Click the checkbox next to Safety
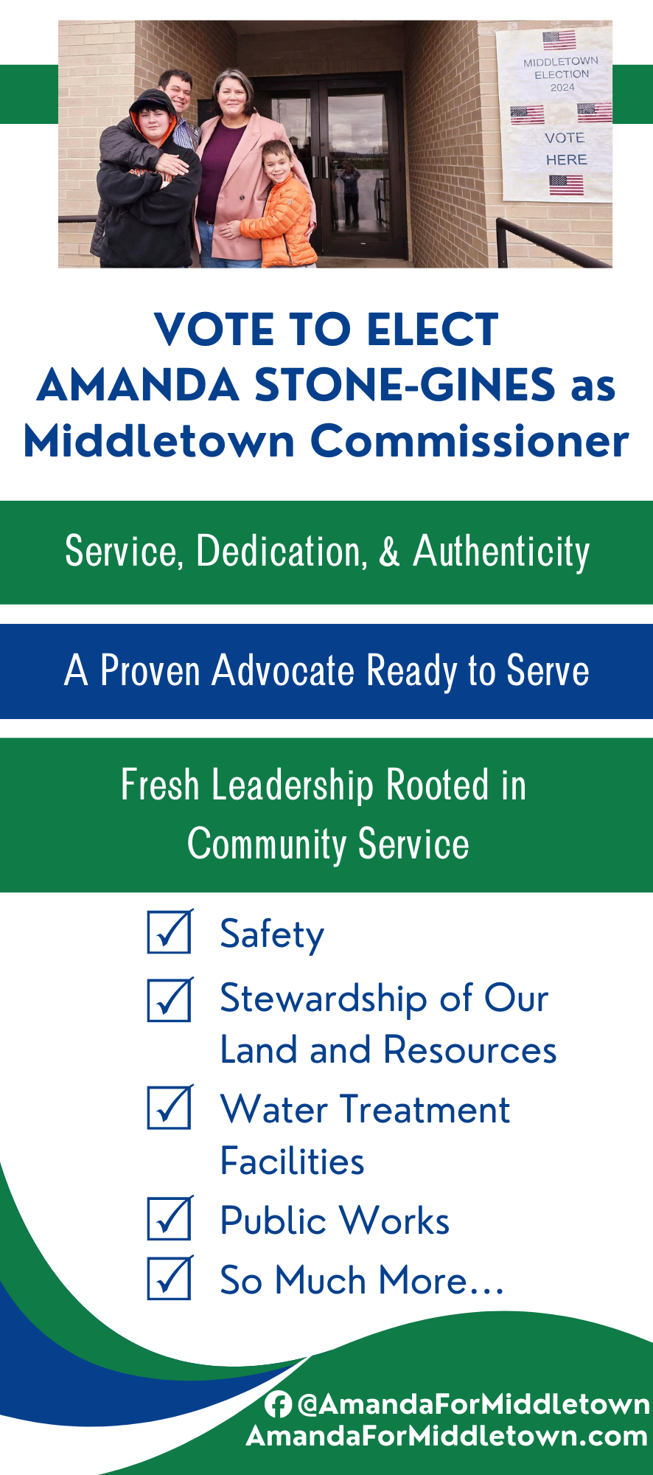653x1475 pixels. pos(170,932)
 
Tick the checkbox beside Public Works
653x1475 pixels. pos(170,1218)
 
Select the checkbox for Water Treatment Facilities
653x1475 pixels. pos(170,1107)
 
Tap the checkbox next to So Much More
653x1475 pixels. pos(170,1278)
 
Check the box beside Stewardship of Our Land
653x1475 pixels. pos(170,1000)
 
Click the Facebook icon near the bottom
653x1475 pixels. pos(278,1404)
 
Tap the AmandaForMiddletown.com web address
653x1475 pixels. pos(447,1436)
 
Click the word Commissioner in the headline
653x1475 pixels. pos(469,441)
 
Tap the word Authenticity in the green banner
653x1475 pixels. pos(501,552)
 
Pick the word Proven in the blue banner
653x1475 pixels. pos(150,671)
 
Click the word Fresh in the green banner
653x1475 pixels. pos(160,785)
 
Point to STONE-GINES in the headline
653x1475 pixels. pos(405,385)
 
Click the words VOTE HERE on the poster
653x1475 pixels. pos(566,148)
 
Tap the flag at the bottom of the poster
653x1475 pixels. pos(566,184)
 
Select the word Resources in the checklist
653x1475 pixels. pos(470,1049)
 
